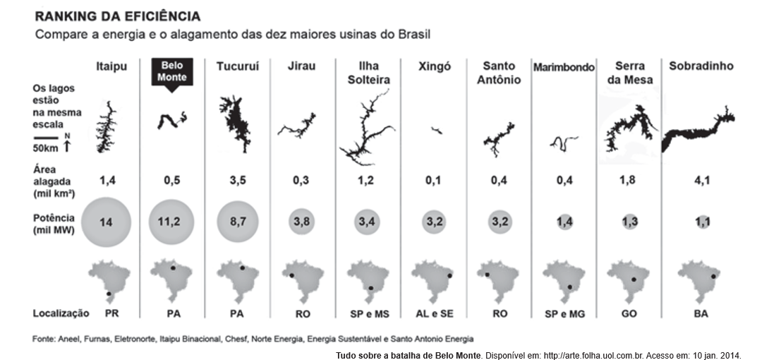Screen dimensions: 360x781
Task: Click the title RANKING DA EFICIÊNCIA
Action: [x=117, y=16]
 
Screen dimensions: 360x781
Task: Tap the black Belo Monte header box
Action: [x=171, y=71]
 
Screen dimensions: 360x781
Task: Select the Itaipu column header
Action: [x=111, y=66]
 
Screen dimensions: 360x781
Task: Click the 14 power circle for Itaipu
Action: [x=106, y=221]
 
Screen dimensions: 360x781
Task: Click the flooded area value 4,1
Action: [x=701, y=179]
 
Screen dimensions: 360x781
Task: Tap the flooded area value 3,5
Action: [x=238, y=179]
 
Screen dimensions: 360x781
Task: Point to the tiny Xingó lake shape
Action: [x=437, y=131]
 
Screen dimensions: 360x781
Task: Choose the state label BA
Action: [x=701, y=313]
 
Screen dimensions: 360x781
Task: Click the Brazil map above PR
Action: [x=106, y=278]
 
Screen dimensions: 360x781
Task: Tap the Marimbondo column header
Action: [x=564, y=67]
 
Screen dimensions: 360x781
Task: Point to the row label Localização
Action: [x=61, y=313]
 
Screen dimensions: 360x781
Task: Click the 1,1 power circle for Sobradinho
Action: [x=701, y=221]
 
